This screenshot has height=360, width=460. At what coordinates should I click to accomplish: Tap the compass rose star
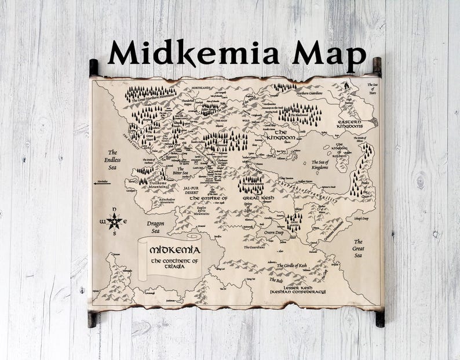pyautogui.click(x=115, y=221)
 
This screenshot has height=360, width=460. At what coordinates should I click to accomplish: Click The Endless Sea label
pyautogui.click(x=112, y=159)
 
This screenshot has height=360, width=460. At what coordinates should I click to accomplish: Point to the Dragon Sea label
pyautogui.click(x=156, y=227)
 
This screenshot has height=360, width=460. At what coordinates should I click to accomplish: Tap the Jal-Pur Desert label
pyautogui.click(x=195, y=191)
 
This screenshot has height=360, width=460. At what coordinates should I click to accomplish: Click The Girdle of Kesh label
pyautogui.click(x=292, y=266)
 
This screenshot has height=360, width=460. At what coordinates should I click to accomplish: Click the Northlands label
pyautogui.click(x=202, y=88)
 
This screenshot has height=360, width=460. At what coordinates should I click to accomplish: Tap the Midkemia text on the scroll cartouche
pyautogui.click(x=175, y=250)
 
